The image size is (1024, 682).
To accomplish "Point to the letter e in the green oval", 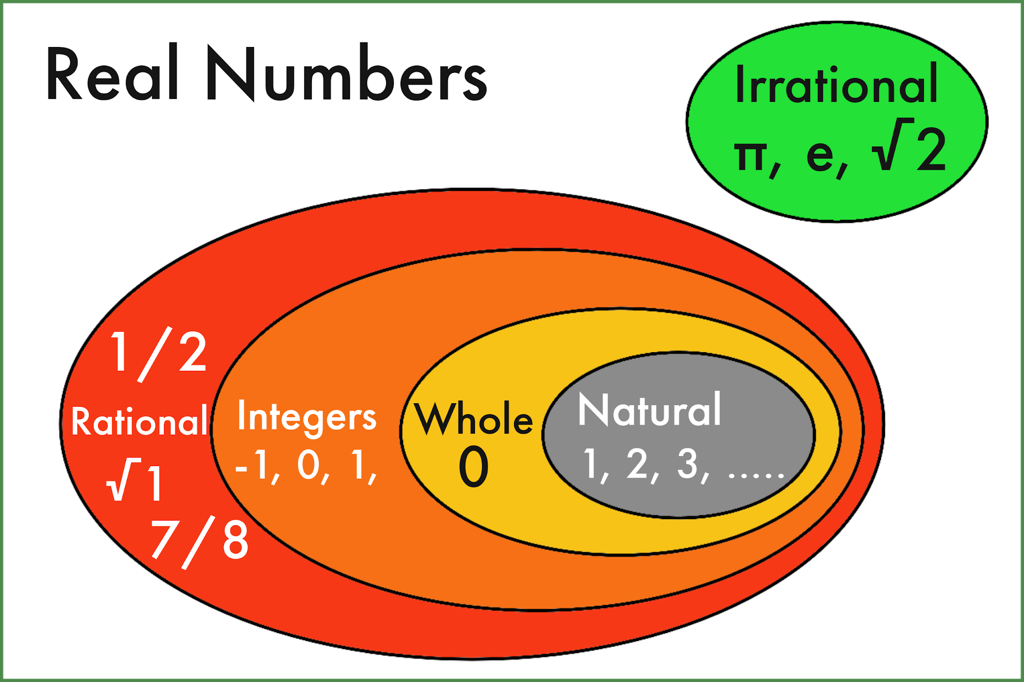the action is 820,152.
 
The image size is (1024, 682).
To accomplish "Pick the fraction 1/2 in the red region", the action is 158,353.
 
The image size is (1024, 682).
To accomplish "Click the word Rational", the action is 139,422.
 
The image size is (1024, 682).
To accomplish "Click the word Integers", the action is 306,417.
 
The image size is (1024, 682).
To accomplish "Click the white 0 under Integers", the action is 308,465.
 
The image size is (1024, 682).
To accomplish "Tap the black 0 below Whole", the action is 473,467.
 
